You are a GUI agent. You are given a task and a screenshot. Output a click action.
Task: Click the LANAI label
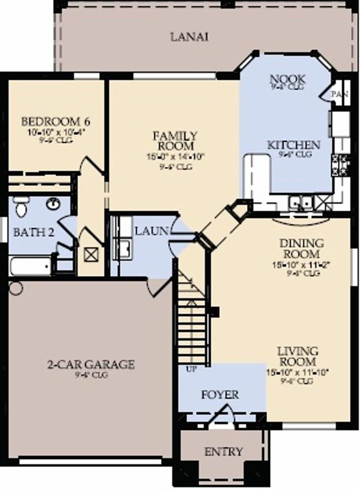189,37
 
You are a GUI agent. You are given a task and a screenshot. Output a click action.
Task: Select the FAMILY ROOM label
175,141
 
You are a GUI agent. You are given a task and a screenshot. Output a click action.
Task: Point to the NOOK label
288,79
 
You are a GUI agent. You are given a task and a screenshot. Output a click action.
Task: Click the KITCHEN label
294,145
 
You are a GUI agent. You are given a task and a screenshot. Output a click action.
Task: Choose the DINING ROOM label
302,248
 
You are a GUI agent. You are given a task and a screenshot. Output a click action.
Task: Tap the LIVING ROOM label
298,357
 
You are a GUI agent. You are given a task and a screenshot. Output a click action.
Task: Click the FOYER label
220,395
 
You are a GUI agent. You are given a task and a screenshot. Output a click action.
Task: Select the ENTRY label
223,451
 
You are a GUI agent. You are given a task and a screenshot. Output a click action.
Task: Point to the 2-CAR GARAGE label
90,365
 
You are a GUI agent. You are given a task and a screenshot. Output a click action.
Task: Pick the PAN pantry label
339,94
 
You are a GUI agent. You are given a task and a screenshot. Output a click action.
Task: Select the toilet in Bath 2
20,208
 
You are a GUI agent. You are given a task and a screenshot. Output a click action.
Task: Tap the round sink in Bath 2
53,203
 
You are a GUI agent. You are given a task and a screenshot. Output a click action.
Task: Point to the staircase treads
192,320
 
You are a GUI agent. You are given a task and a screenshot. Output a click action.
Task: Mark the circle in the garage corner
16,288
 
